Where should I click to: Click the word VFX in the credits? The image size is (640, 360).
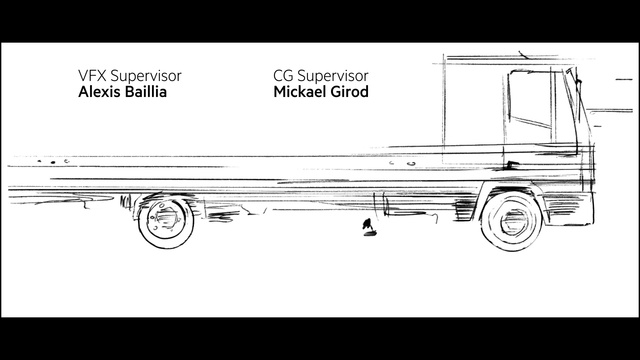91,76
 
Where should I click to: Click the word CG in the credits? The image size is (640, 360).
282,76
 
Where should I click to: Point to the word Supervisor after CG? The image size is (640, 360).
332,76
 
